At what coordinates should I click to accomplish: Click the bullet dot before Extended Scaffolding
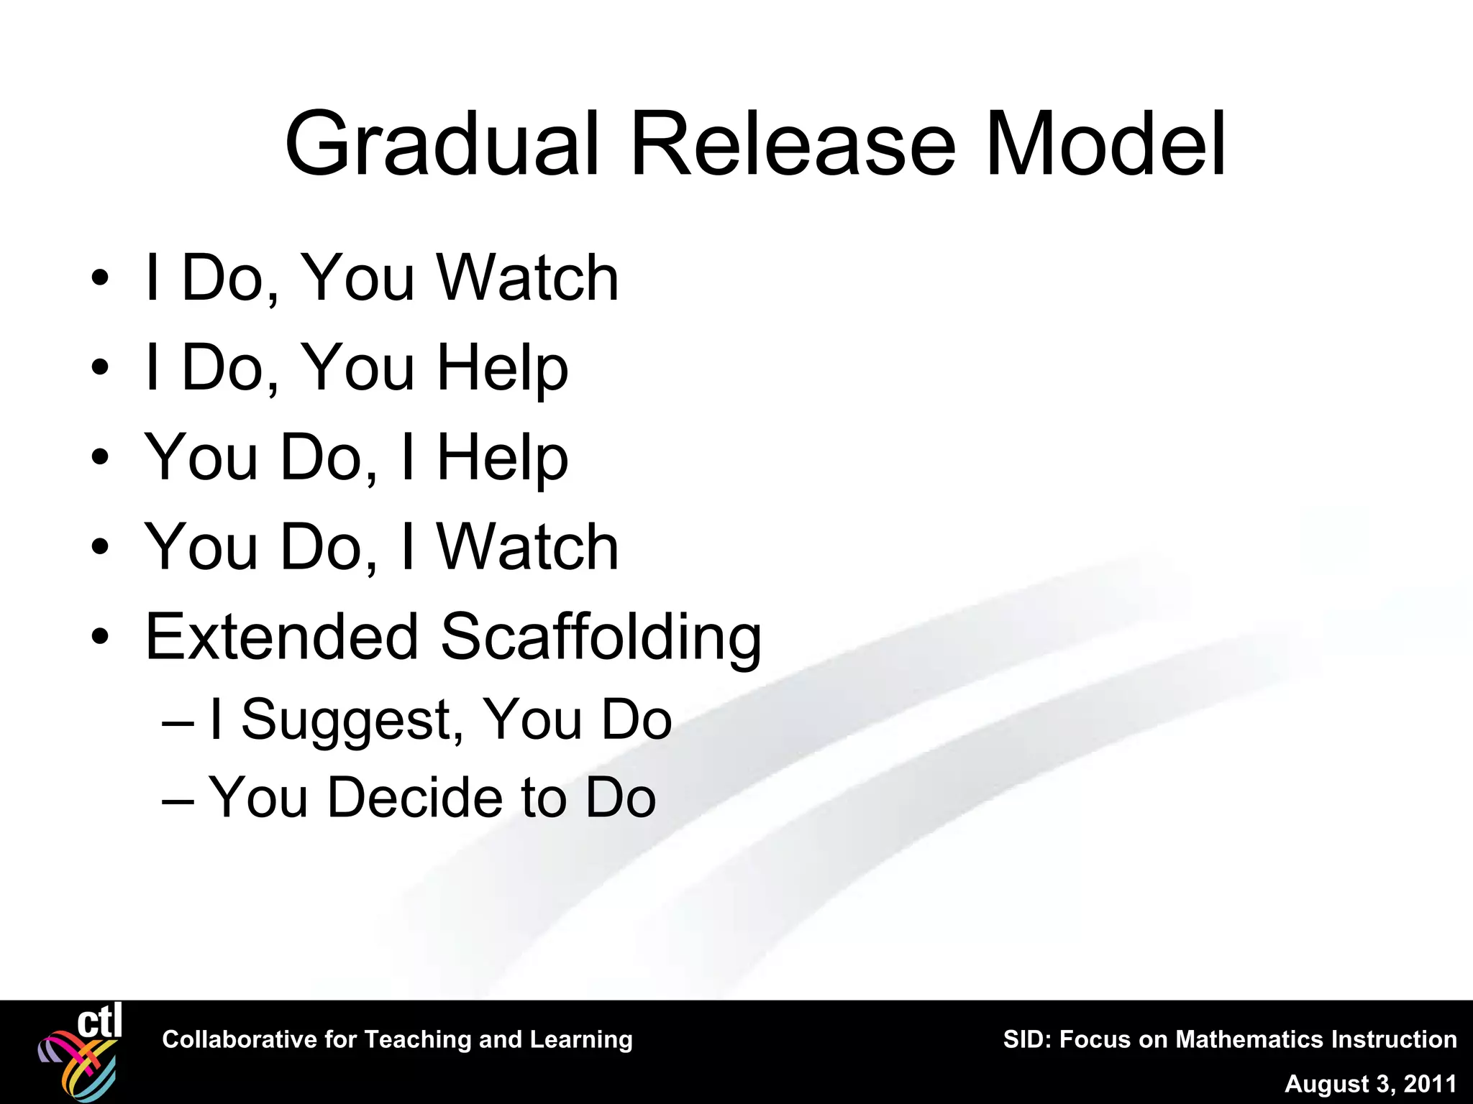coord(100,637)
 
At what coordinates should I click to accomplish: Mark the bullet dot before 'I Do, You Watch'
coord(100,278)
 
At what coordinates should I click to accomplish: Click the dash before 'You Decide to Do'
coord(178,799)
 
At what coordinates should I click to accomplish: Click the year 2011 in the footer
coord(1430,1084)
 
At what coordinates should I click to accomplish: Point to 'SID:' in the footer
coord(1026,1039)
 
